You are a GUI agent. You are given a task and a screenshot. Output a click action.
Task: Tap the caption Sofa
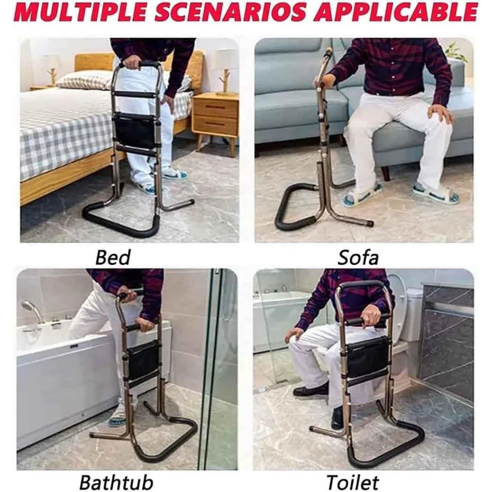click(x=358, y=256)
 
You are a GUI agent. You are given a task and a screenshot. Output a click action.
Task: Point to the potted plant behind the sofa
click(x=456, y=52)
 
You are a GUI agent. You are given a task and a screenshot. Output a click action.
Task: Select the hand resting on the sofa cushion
click(x=440, y=113)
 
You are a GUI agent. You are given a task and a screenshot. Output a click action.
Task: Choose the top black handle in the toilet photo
click(x=363, y=284)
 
